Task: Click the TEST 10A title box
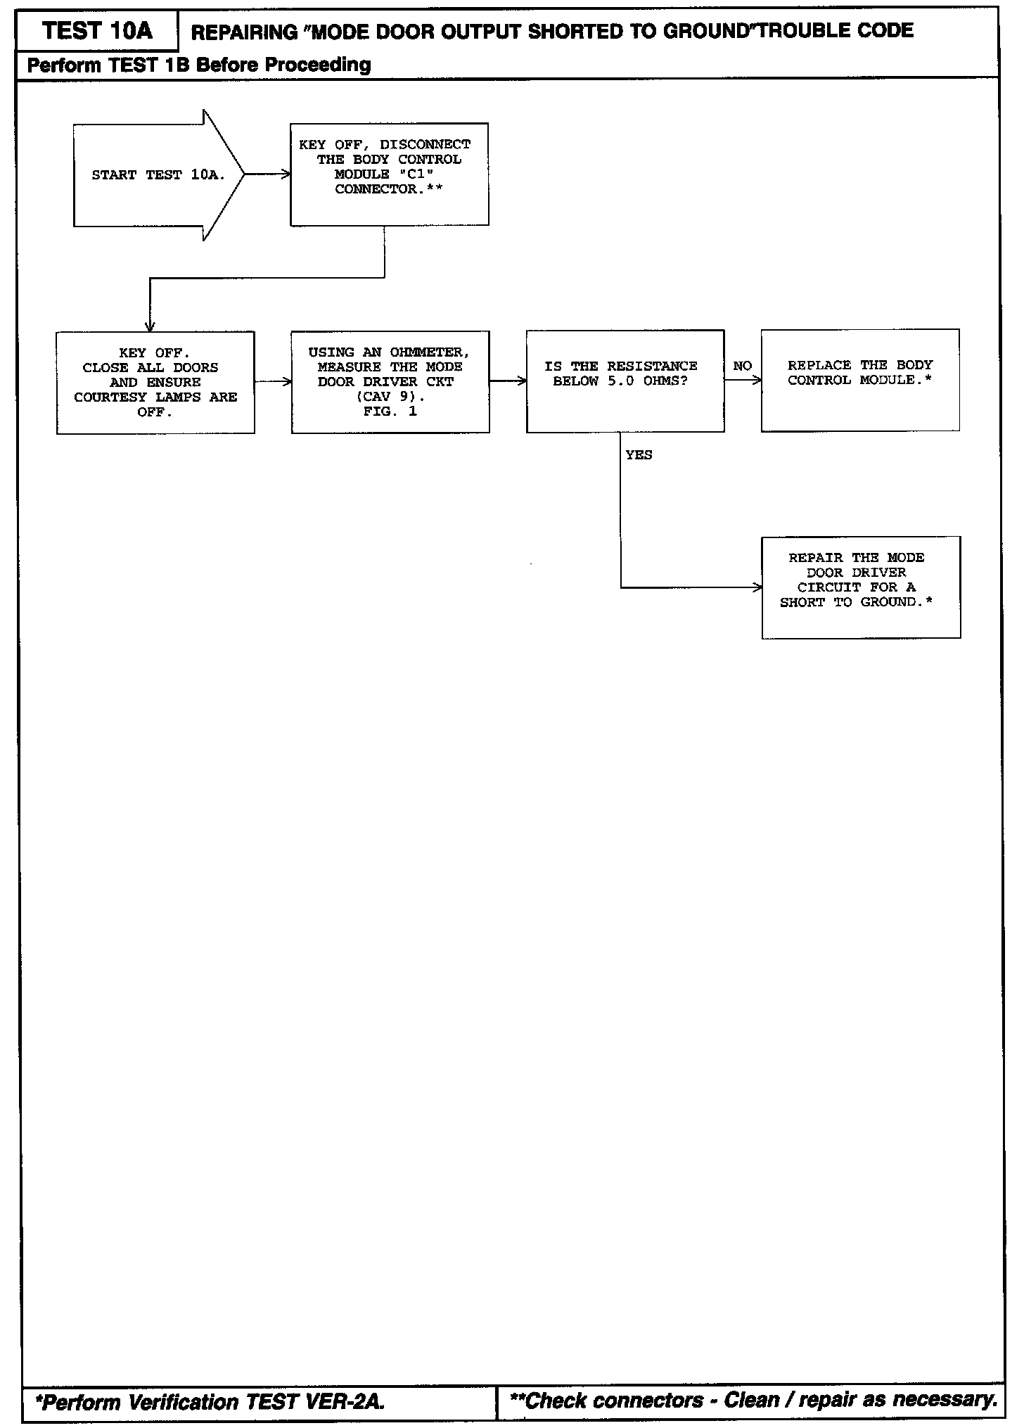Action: (x=97, y=31)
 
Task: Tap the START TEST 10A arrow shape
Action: (x=158, y=175)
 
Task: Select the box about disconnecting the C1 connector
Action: (x=389, y=174)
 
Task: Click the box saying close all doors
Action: (x=155, y=383)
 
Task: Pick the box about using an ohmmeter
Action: (x=390, y=382)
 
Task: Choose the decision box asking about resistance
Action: (x=625, y=381)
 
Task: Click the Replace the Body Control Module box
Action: (x=860, y=380)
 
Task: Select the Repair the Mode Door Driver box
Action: (x=861, y=587)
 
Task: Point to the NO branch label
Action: (x=742, y=366)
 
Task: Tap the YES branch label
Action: (x=639, y=455)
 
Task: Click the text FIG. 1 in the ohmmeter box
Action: (x=390, y=412)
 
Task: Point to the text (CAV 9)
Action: (x=390, y=397)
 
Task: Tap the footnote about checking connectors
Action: (x=753, y=1400)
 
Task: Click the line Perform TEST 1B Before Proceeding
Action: (x=199, y=65)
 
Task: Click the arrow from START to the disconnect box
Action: (x=267, y=174)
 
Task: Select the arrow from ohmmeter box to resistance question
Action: (x=508, y=381)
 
